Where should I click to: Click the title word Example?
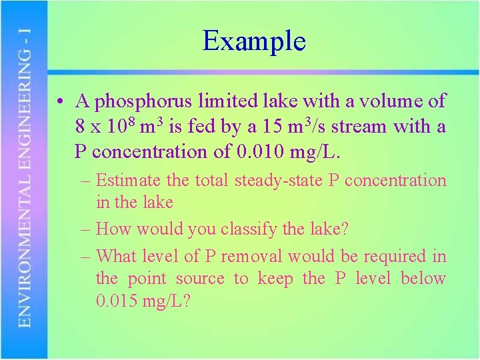(x=254, y=41)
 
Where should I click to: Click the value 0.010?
(x=261, y=152)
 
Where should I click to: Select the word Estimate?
(x=128, y=181)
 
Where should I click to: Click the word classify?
(x=239, y=229)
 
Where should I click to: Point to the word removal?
(x=252, y=257)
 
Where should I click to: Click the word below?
(x=423, y=279)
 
